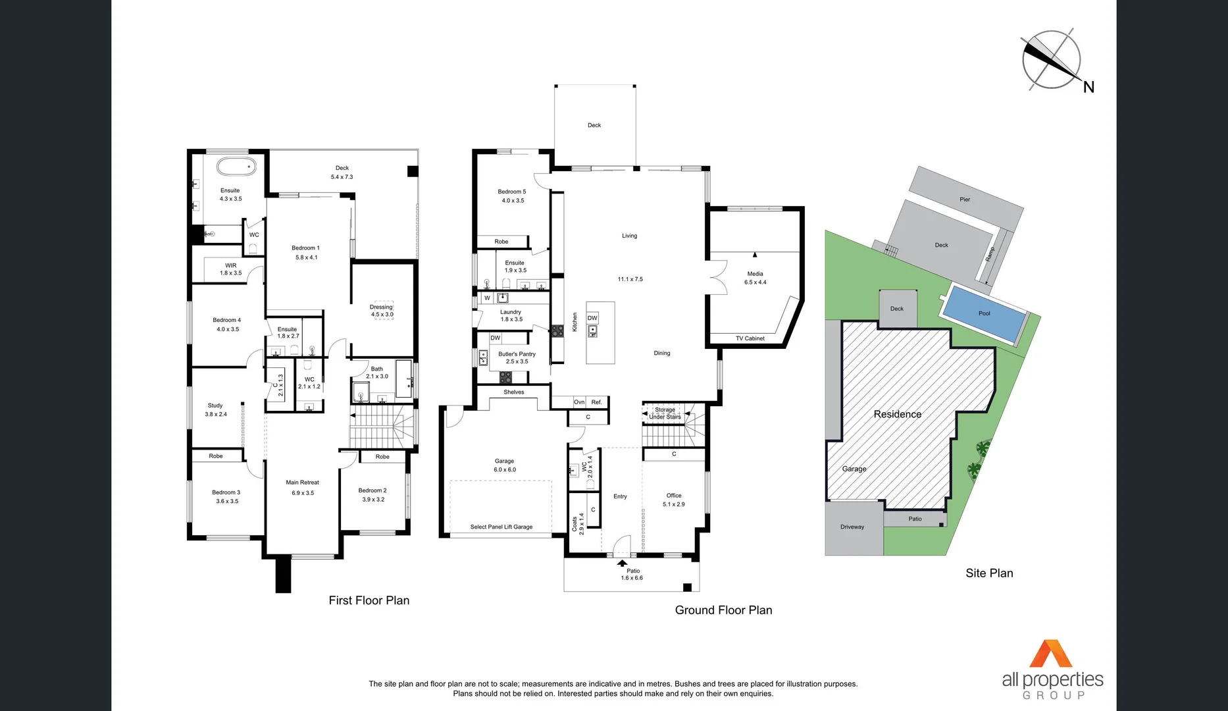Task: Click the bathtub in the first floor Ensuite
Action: click(236, 167)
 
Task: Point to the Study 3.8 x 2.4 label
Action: click(216, 409)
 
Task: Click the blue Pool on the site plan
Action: click(985, 313)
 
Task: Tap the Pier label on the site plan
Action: click(965, 199)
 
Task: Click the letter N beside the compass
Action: click(1088, 87)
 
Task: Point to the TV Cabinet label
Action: click(750, 338)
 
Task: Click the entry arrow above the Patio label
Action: click(622, 563)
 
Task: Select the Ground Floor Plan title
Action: click(723, 610)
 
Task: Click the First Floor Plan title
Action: click(369, 600)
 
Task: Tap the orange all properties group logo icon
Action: click(1051, 654)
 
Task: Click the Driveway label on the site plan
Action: click(852, 527)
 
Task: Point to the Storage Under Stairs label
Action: click(665, 413)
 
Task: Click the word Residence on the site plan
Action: click(897, 414)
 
